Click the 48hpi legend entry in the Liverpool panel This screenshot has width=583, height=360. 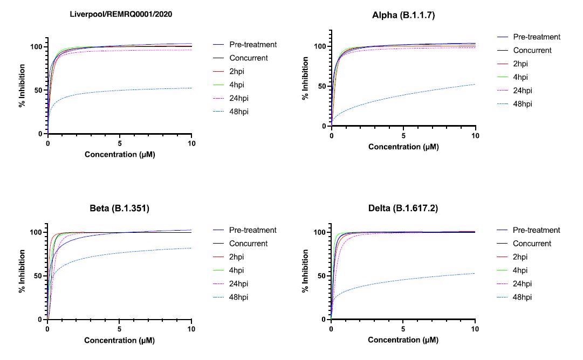[239, 112]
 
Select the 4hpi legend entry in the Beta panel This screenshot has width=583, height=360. [238, 270]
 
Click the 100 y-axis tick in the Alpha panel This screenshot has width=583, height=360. [320, 46]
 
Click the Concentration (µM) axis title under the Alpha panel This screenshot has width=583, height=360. [403, 147]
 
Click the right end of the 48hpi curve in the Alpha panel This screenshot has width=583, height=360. [475, 84]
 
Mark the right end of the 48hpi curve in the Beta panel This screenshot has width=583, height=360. [191, 248]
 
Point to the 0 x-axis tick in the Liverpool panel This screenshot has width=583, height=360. [48, 143]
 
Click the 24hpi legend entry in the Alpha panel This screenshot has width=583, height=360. [523, 91]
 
